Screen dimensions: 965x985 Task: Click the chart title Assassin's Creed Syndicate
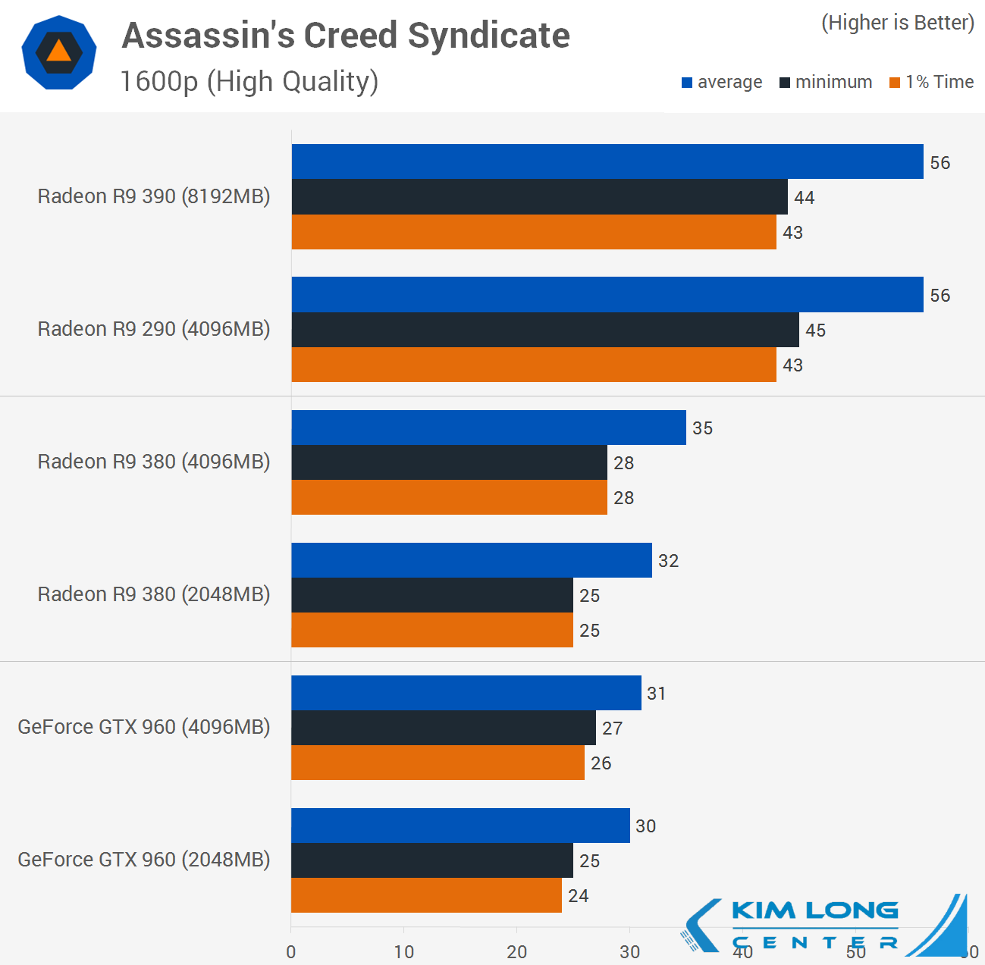click(x=346, y=36)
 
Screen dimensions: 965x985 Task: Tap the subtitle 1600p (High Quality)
click(x=249, y=81)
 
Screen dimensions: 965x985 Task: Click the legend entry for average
click(x=722, y=82)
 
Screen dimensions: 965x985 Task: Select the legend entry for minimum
click(x=826, y=82)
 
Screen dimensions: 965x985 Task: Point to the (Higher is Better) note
click(x=898, y=23)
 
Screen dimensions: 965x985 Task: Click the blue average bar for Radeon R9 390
click(x=607, y=161)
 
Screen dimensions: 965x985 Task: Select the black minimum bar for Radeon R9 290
click(x=544, y=330)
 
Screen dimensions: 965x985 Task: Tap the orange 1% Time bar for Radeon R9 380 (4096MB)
click(x=449, y=497)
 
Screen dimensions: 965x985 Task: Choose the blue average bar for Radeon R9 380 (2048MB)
click(x=471, y=560)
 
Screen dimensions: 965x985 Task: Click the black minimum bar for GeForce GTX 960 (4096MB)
click(x=443, y=728)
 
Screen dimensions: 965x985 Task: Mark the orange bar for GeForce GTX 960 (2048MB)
click(x=426, y=895)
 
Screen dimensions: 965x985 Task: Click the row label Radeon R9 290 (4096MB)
click(x=154, y=329)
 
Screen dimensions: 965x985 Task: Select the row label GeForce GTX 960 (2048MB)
click(x=144, y=860)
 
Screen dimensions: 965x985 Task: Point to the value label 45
click(x=816, y=331)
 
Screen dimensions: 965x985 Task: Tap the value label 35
click(x=703, y=428)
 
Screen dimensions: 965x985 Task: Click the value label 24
click(x=579, y=896)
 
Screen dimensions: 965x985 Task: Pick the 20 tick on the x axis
click(x=517, y=952)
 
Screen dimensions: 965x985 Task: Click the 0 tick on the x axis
click(x=291, y=952)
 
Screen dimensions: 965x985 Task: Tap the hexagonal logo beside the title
click(x=59, y=52)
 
